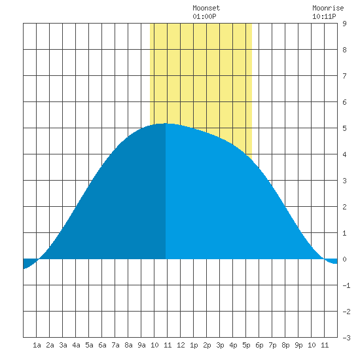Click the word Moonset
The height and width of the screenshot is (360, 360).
pyautogui.click(x=206, y=8)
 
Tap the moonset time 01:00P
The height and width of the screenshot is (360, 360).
pyautogui.click(x=204, y=16)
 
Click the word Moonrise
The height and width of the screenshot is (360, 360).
pyautogui.click(x=328, y=8)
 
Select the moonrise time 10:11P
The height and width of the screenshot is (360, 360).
pyautogui.click(x=324, y=16)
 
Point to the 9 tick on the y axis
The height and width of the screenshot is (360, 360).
pyautogui.click(x=344, y=24)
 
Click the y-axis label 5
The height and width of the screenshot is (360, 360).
pyautogui.click(x=344, y=128)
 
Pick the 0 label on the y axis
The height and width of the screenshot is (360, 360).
pyautogui.click(x=344, y=259)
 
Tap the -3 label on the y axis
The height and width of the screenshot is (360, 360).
pyautogui.click(x=346, y=338)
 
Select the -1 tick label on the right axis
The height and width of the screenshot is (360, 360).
pyautogui.click(x=346, y=285)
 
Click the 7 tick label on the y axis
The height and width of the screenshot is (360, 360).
pyautogui.click(x=344, y=76)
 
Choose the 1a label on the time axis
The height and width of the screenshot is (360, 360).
pyautogui.click(x=37, y=345)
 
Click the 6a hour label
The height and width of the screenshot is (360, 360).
pyautogui.click(x=102, y=345)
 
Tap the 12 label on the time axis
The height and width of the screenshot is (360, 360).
pyautogui.click(x=181, y=345)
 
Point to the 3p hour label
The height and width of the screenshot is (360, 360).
pyautogui.click(x=220, y=345)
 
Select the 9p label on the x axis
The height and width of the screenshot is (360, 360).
pyautogui.click(x=298, y=345)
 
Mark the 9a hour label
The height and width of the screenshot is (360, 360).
pyautogui.click(x=141, y=345)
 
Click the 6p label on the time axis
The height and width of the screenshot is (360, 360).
pyautogui.click(x=259, y=345)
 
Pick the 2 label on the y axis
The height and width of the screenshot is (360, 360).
pyautogui.click(x=344, y=207)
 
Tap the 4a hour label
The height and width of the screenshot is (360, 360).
pyautogui.click(x=76, y=345)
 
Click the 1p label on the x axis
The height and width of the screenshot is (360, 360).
pyautogui.click(x=194, y=345)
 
